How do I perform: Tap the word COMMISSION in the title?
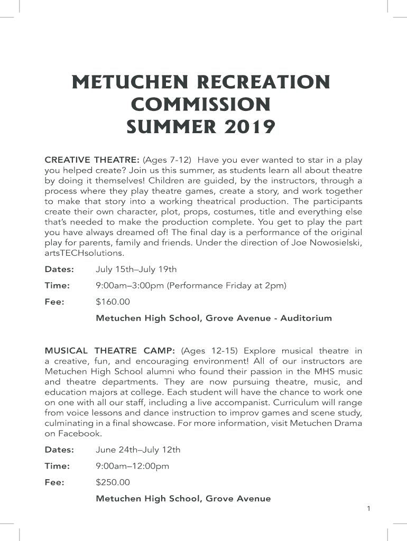tap(200, 105)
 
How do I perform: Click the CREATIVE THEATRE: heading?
tap(92, 160)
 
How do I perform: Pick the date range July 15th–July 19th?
tap(136, 269)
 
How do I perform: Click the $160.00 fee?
tap(113, 302)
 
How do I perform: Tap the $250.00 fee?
tap(113, 482)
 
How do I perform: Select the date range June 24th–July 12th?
tap(138, 450)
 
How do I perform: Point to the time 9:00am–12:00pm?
tap(132, 466)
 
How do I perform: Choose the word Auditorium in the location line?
tap(306, 318)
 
